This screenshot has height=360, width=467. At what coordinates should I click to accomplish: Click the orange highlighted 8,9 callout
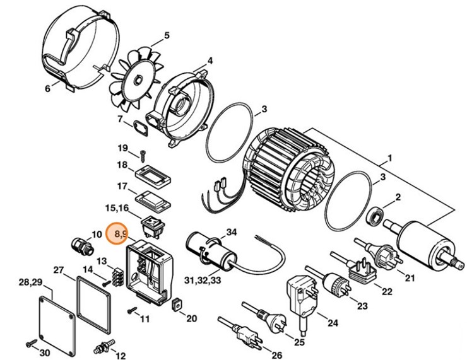pos(119,234)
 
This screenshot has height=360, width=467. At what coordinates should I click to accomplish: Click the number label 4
pos(210,61)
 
